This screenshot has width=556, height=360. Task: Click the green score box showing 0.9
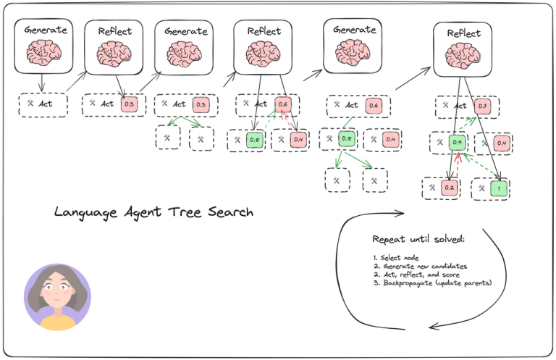(456, 143)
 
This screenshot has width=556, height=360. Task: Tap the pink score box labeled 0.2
(449, 188)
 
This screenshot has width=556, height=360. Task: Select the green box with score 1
(499, 188)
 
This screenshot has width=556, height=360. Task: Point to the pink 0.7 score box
(483, 106)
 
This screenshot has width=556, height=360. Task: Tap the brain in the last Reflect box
(463, 54)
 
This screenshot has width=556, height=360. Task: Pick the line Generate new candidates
(410, 266)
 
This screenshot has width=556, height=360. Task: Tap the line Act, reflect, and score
(410, 274)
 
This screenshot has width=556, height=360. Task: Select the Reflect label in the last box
(463, 33)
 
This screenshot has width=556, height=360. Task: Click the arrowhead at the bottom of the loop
(432, 327)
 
